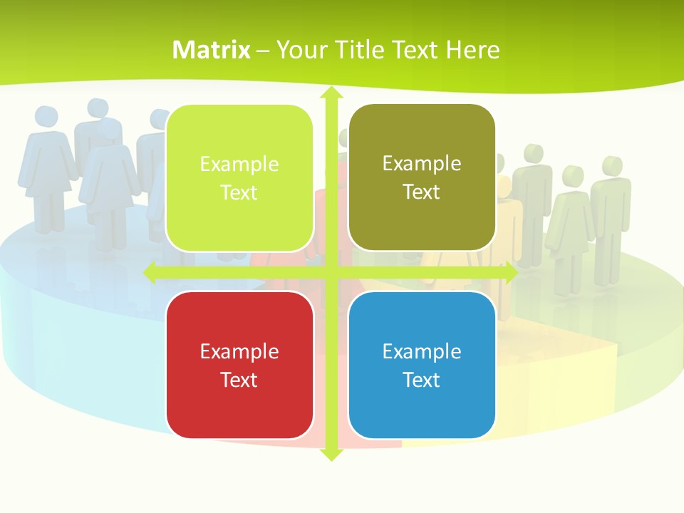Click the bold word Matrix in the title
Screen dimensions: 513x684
click(x=212, y=50)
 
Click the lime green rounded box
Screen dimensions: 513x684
click(x=239, y=178)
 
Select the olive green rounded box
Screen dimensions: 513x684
click(x=422, y=177)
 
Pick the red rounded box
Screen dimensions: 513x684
click(x=239, y=365)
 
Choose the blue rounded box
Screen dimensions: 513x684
click(x=422, y=365)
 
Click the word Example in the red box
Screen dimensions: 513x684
click(x=239, y=351)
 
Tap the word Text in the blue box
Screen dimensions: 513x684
click(x=422, y=380)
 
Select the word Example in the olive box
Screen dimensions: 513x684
click(x=422, y=164)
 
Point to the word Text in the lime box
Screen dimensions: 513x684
click(x=239, y=193)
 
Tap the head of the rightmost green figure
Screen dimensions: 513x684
click(x=611, y=165)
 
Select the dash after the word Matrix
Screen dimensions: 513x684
click(x=263, y=51)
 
